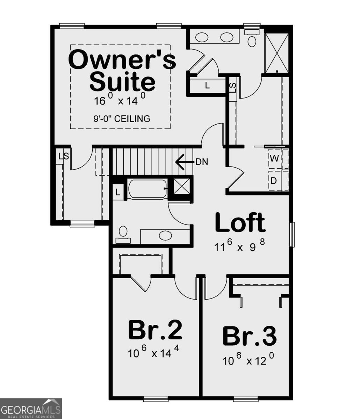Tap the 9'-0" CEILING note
click(x=122, y=119)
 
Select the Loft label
click(x=240, y=223)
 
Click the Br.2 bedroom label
click(x=155, y=330)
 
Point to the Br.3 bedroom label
click(x=250, y=336)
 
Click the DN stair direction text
click(x=202, y=162)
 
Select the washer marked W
click(x=274, y=158)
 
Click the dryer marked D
click(x=274, y=181)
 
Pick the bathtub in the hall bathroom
click(x=147, y=189)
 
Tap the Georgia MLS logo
click(x=31, y=409)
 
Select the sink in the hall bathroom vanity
click(x=165, y=236)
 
